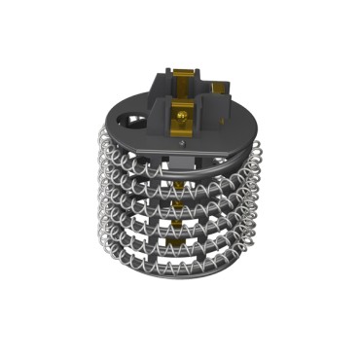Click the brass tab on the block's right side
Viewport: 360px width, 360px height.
(x=227, y=90)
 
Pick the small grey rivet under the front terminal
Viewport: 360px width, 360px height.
(x=182, y=143)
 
